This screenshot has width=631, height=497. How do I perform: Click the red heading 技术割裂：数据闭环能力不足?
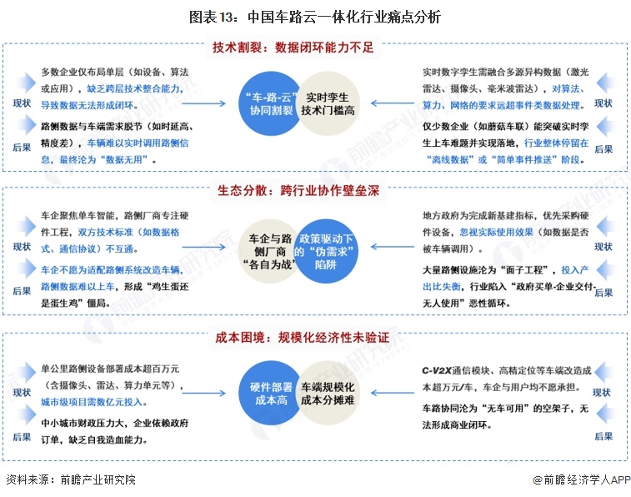pyautogui.click(x=293, y=48)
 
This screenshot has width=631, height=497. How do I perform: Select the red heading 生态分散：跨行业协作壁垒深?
pyautogui.click(x=298, y=190)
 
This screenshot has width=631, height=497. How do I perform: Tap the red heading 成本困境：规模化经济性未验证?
pyautogui.click(x=303, y=337)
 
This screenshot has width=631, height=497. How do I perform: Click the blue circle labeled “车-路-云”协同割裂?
pyautogui.click(x=270, y=103)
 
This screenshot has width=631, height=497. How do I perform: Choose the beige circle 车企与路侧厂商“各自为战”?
pyautogui.click(x=268, y=251)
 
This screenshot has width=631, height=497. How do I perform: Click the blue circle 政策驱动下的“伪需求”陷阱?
pyautogui.click(x=326, y=251)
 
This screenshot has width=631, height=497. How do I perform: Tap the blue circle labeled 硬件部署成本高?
pyautogui.click(x=270, y=393)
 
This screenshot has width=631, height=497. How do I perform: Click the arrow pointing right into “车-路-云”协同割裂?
pyautogui.click(x=203, y=104)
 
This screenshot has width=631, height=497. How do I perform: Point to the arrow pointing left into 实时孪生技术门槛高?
pyautogui.click(x=393, y=103)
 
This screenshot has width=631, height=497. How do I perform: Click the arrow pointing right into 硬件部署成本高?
pyautogui.click(x=203, y=393)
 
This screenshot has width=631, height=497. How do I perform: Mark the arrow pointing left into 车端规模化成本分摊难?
pyautogui.click(x=393, y=393)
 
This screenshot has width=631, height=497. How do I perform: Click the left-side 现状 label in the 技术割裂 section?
pyautogui.click(x=22, y=103)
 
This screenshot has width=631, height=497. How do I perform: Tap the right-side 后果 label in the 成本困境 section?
pyautogui.click(x=603, y=437)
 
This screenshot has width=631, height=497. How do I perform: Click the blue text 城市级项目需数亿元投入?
pyautogui.click(x=93, y=402)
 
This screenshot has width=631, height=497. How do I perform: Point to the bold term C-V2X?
pyautogui.click(x=437, y=370)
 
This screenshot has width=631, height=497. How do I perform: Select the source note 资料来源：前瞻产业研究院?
pyautogui.click(x=71, y=479)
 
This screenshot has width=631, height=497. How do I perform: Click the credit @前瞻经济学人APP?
pyautogui.click(x=582, y=479)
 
